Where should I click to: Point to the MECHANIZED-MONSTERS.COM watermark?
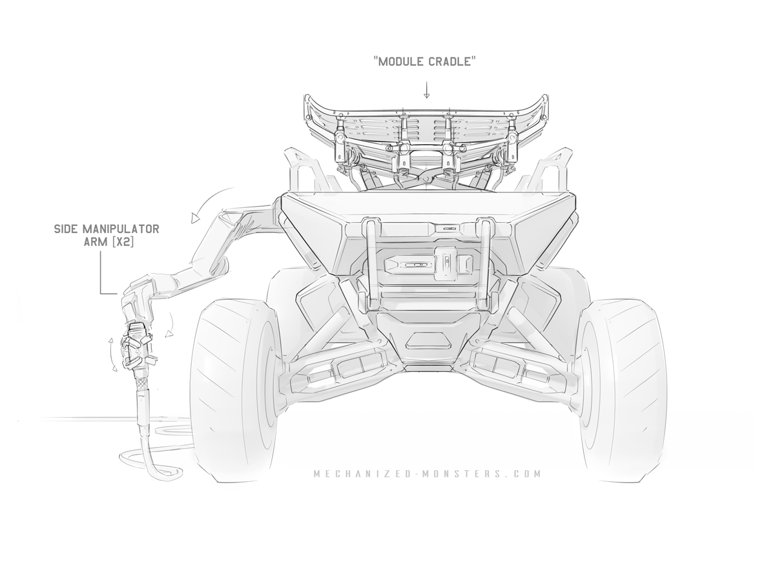click(427, 473)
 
